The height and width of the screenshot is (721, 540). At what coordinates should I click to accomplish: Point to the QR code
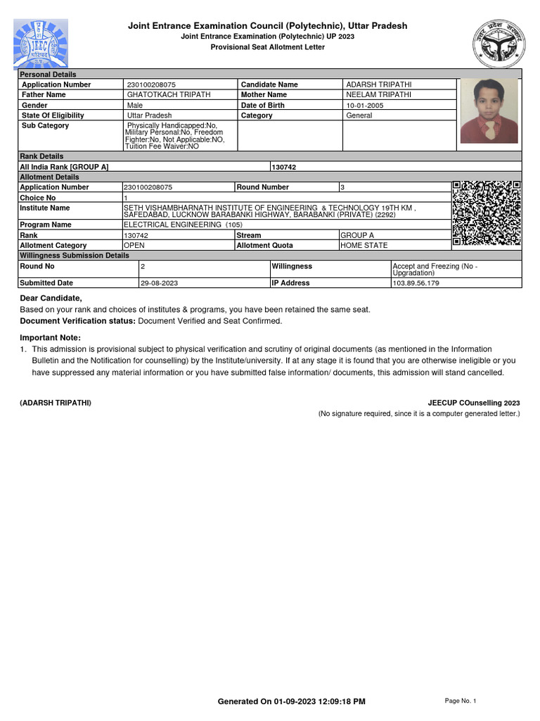coord(487,213)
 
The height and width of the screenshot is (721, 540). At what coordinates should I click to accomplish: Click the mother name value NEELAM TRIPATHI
coord(379,94)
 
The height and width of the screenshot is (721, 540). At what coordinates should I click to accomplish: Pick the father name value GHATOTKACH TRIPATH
coord(168,94)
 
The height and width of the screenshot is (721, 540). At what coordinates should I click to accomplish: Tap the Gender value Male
coord(135,105)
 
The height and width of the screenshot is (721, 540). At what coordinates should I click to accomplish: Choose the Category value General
coord(359,115)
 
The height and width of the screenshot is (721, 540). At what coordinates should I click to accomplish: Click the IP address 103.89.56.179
coord(416,283)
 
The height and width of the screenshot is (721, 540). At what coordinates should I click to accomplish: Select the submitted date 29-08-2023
coord(160,283)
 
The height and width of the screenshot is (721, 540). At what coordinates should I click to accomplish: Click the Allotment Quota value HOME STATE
coord(364,245)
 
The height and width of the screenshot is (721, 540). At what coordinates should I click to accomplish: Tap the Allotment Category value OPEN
coord(134,245)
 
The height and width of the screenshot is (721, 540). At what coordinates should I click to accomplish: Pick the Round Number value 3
coord(342,187)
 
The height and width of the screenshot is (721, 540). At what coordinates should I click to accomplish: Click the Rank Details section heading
coord(41,156)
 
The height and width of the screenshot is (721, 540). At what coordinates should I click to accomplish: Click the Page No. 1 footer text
coord(461,701)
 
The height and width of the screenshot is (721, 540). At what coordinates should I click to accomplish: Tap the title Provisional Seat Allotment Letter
coord(268,46)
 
